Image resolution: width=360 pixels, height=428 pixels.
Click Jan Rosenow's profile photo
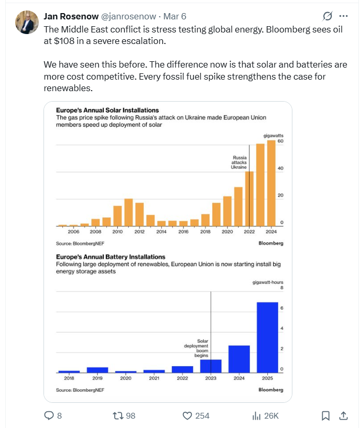[27, 22]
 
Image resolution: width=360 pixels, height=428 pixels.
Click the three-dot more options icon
[343, 16]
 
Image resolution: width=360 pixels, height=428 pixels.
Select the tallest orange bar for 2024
[271, 183]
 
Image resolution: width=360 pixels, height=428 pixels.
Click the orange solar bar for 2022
[249, 199]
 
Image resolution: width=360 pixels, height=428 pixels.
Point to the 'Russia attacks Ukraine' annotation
[239, 162]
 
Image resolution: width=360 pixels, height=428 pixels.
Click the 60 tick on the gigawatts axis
[281, 141]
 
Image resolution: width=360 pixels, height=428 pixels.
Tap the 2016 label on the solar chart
[183, 231]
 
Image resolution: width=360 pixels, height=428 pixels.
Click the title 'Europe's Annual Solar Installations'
[107, 111]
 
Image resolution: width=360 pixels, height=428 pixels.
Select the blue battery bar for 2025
[267, 337]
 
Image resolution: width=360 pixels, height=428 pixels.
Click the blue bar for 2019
[97, 370]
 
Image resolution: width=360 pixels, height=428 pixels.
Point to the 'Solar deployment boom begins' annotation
[199, 348]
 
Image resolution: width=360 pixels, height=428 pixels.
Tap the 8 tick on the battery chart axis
[281, 288]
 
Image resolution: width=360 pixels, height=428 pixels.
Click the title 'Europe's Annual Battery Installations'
[111, 257]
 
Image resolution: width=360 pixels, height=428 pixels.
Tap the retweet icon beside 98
[118, 415]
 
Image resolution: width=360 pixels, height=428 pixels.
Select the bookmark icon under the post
[325, 415]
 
